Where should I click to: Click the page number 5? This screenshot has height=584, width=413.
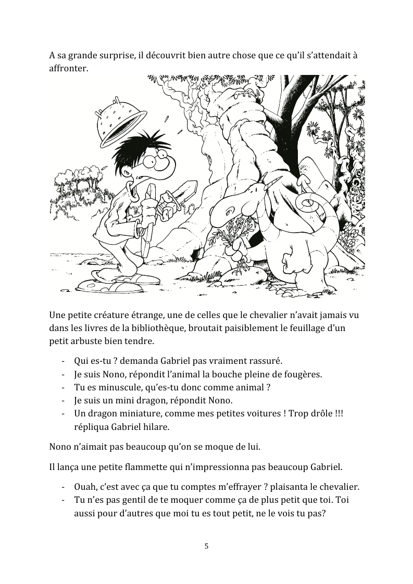coord(206,546)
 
